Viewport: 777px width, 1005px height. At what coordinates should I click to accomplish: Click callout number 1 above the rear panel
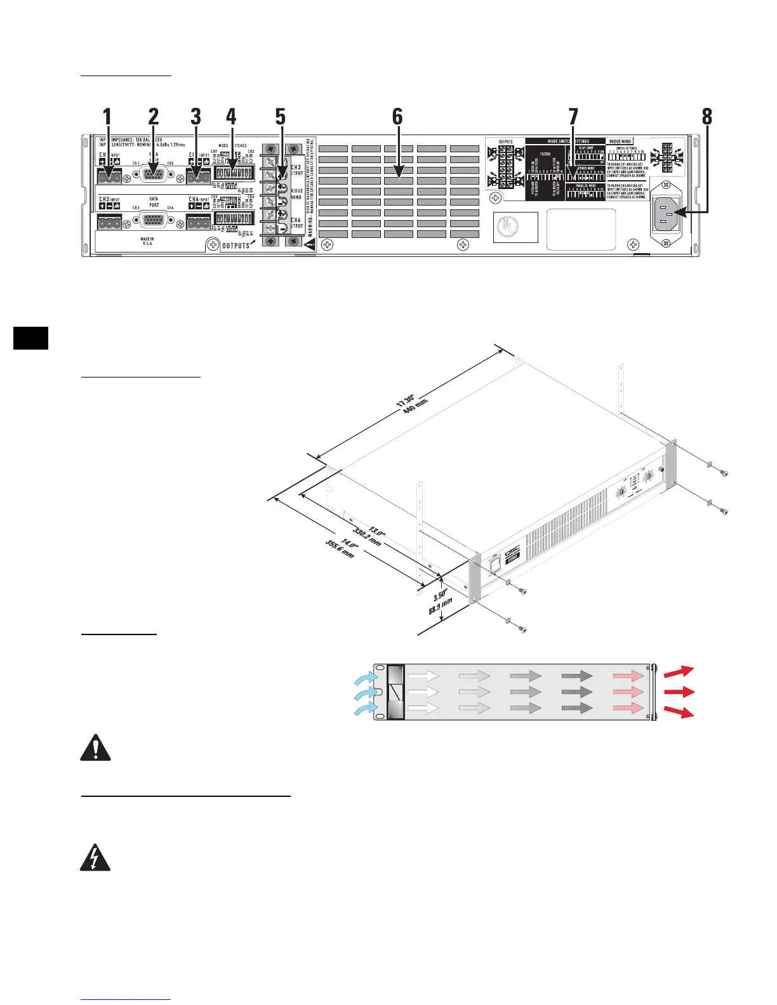coord(107,117)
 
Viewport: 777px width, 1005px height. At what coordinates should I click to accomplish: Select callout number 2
coord(153,117)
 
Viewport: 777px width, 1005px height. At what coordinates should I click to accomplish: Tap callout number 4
coord(231,117)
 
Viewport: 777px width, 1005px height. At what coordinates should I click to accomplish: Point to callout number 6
coord(397,117)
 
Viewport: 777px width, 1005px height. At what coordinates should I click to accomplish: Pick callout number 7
coord(573,117)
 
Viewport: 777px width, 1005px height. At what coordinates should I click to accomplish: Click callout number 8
coord(707,117)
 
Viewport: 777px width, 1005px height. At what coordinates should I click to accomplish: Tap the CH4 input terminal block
coord(198,222)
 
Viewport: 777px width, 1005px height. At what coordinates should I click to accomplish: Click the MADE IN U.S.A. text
coord(148,241)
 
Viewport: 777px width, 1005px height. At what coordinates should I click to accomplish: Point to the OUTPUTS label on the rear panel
coord(236,246)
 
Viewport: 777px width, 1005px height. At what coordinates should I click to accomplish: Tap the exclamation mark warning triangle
coord(95,748)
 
